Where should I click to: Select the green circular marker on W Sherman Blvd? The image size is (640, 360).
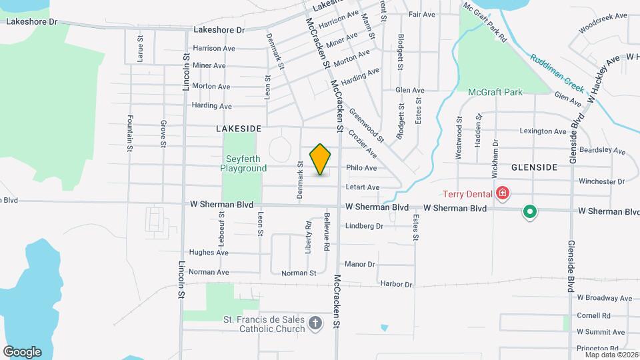point(530,212)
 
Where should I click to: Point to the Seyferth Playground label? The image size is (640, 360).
point(243,164)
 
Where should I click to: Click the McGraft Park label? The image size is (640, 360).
point(495,92)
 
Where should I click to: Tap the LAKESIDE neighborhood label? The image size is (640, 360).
point(238,127)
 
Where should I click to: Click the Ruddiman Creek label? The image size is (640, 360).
point(557,74)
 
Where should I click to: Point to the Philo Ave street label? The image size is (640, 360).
point(361,168)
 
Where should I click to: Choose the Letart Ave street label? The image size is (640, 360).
point(363,187)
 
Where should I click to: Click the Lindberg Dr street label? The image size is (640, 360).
point(365,226)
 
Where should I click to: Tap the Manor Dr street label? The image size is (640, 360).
point(361,264)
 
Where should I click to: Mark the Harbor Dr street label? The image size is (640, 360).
point(397,285)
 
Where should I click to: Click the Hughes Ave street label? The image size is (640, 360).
point(209,253)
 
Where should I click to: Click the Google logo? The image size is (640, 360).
point(22,352)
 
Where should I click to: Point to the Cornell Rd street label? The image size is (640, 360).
point(594,315)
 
